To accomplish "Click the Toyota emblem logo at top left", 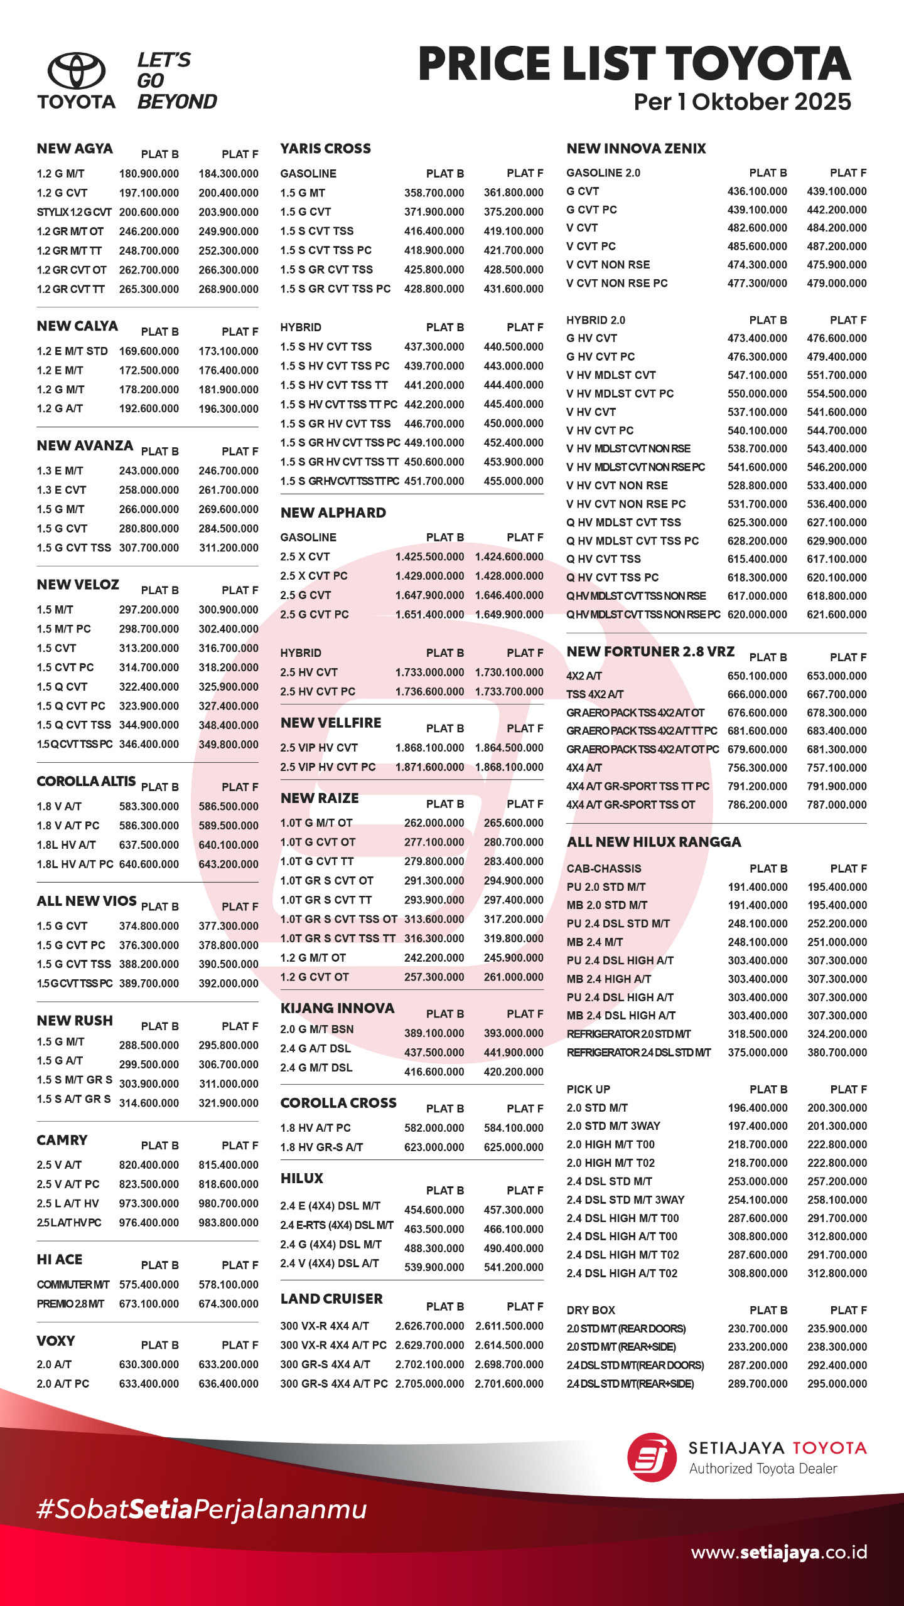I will [x=77, y=70].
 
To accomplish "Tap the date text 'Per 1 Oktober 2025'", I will [x=742, y=102].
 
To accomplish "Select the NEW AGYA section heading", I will [x=75, y=149].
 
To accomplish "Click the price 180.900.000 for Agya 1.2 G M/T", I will [x=149, y=174].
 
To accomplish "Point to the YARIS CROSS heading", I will [x=325, y=149].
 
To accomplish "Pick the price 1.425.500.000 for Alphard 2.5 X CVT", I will [x=429, y=556].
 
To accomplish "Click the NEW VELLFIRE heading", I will [x=331, y=723].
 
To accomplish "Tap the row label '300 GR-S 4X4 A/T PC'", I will [x=333, y=1383].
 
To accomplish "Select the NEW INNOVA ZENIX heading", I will [x=636, y=149].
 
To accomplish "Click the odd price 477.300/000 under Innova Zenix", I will [x=757, y=283].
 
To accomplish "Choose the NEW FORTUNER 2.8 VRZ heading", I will [x=650, y=652].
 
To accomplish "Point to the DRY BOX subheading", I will [x=591, y=1310].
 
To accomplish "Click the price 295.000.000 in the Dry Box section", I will [x=837, y=1383].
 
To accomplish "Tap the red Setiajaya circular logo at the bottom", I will [x=652, y=1457].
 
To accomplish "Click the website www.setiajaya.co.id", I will [x=778, y=1552].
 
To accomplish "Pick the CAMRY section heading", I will [x=62, y=1140].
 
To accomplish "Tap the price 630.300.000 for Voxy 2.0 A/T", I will [x=149, y=1364].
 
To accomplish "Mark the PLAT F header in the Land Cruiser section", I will [x=525, y=1306].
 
